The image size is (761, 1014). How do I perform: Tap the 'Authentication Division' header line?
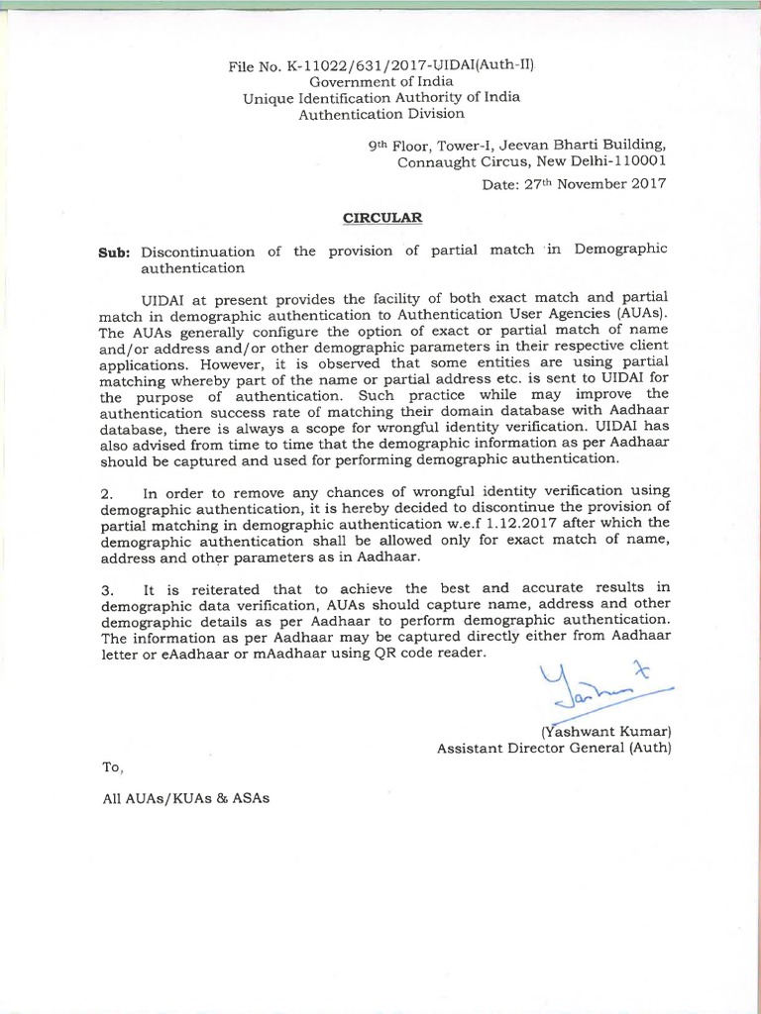tap(381, 114)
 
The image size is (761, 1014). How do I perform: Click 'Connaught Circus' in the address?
tap(456, 161)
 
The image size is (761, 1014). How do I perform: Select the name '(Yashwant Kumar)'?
tap(605, 732)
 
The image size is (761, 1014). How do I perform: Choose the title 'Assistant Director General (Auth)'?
tap(554, 749)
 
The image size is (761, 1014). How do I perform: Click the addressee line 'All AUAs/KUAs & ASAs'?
tap(185, 798)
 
